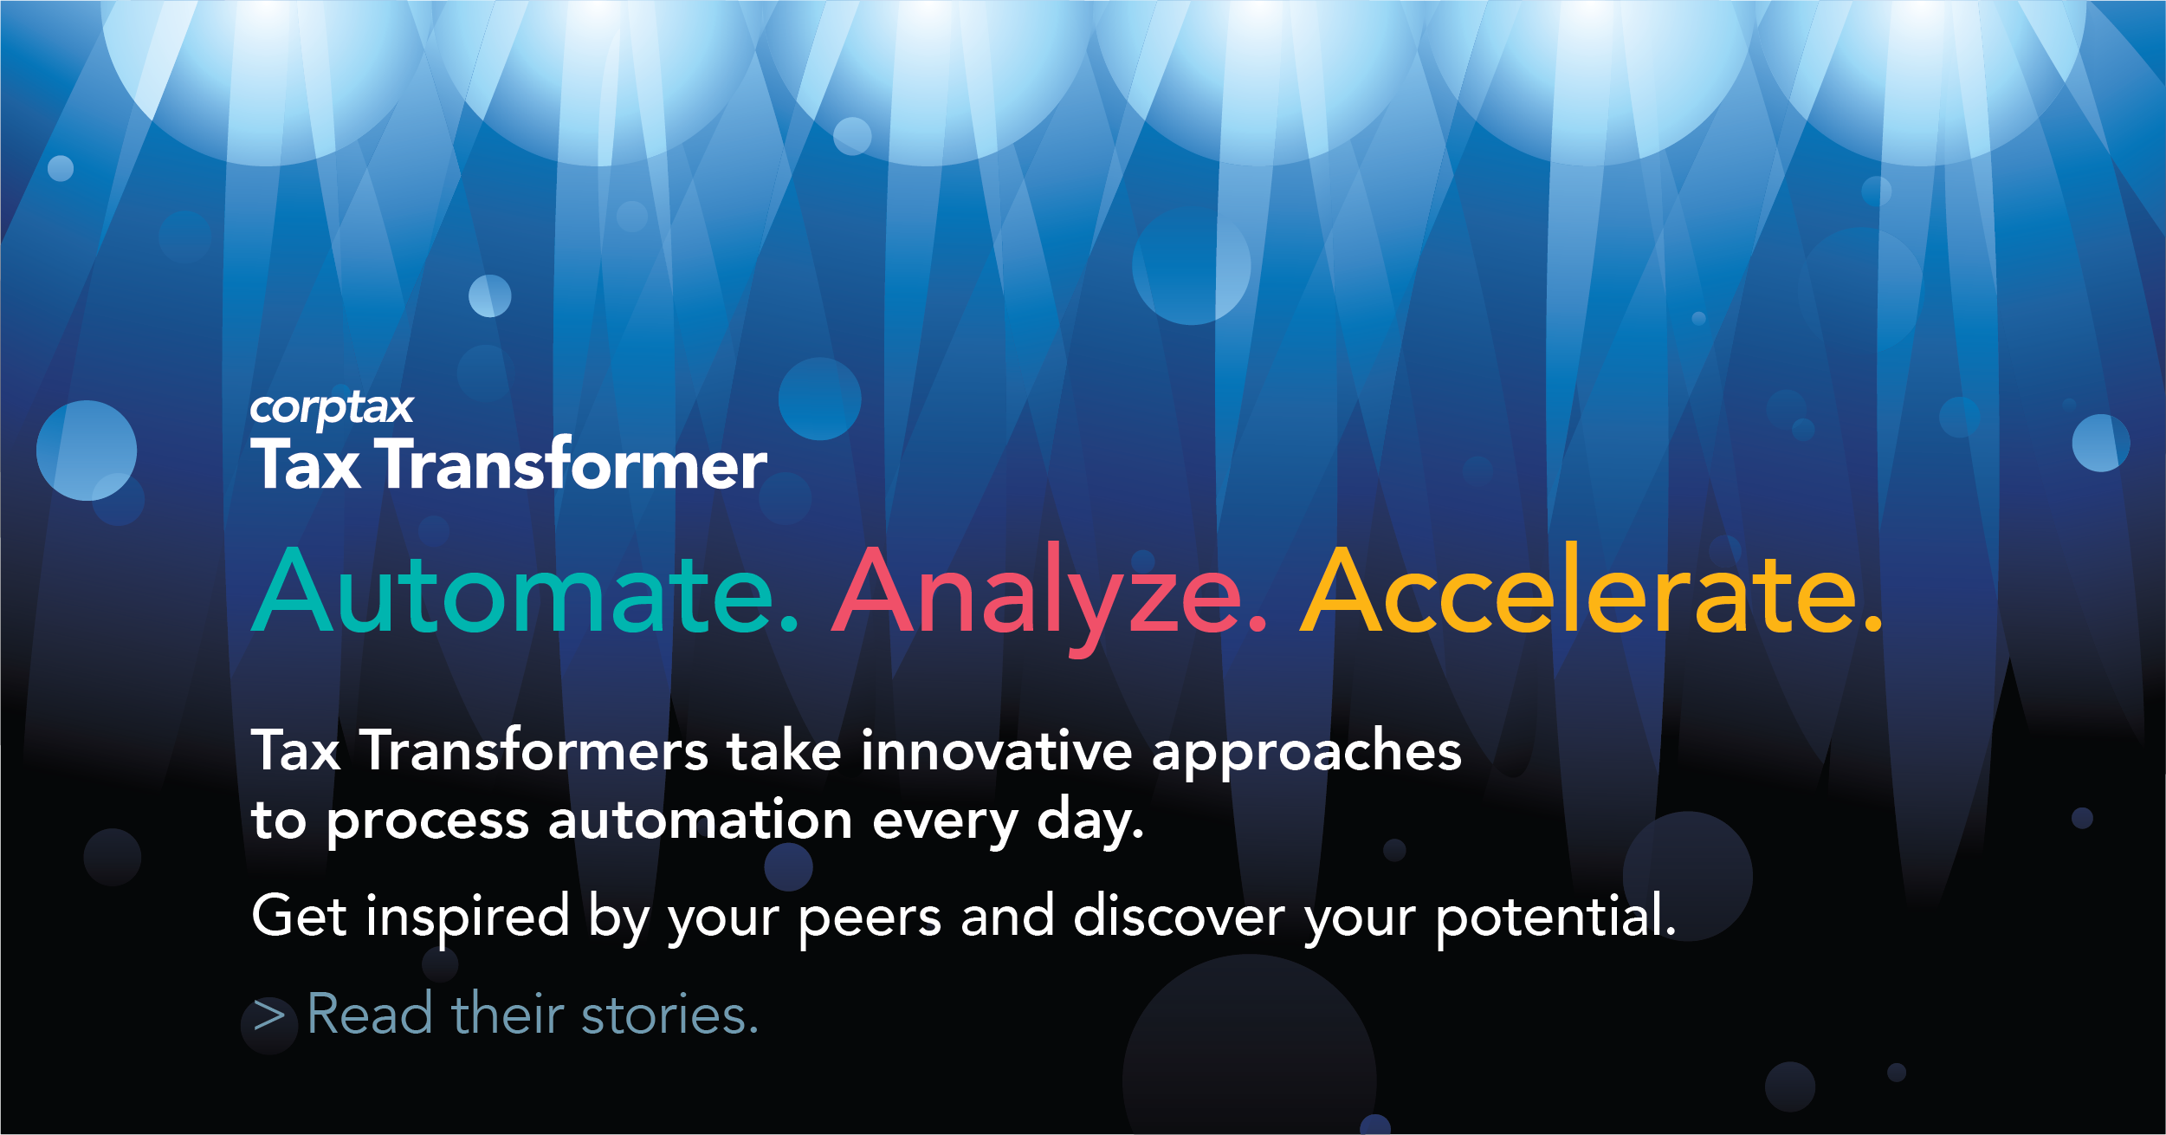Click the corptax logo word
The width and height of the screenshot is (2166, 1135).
point(332,409)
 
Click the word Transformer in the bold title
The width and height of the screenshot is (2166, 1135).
point(574,464)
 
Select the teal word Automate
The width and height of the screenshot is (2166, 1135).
point(525,591)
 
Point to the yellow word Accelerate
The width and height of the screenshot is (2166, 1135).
point(1592,591)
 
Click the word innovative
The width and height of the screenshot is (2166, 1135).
point(997,750)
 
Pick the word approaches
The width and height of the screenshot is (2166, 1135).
point(1307,754)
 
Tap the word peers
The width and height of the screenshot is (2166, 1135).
point(870,922)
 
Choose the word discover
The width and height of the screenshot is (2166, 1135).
point(1180,916)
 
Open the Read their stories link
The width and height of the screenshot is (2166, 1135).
point(505,1014)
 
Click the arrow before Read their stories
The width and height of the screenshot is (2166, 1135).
point(269,1015)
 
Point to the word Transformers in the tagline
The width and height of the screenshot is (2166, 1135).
point(534,750)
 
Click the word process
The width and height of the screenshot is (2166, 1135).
point(428,824)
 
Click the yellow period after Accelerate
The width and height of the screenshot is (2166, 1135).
point(1873,626)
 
